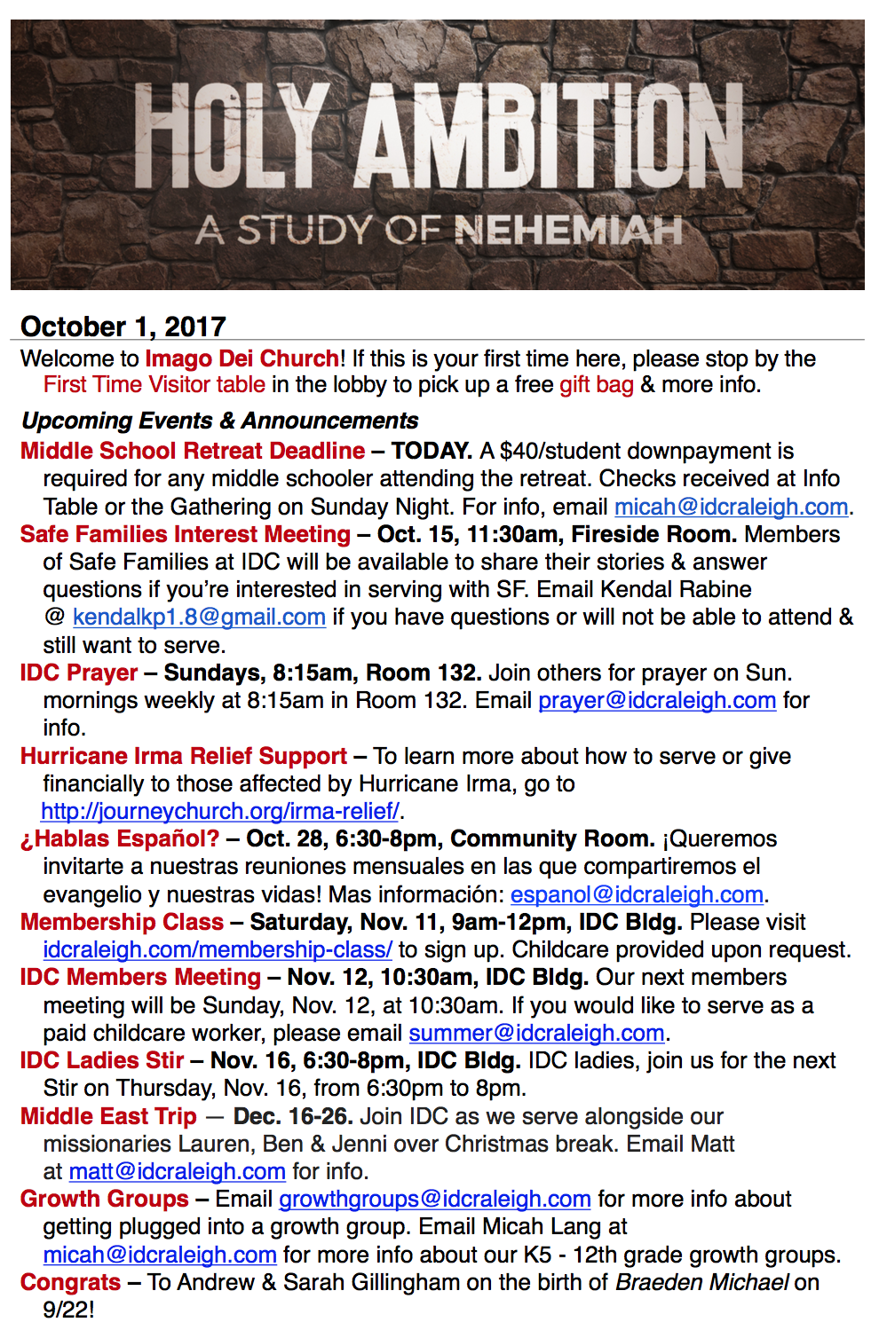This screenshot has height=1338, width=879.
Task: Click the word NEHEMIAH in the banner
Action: pyautogui.click(x=568, y=231)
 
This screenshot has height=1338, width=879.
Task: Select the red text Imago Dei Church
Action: pyautogui.click(x=242, y=358)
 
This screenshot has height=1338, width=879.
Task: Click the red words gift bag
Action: pyautogui.click(x=596, y=385)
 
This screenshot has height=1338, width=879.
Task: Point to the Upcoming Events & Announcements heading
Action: pyautogui.click(x=219, y=421)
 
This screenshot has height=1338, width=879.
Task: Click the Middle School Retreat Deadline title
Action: pyautogui.click(x=192, y=451)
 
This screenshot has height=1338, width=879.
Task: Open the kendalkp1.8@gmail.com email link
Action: pyautogui.click(x=199, y=618)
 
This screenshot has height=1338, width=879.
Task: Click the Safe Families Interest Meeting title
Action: pyautogui.click(x=185, y=534)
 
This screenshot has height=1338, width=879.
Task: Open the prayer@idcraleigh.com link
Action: pyautogui.click(x=657, y=701)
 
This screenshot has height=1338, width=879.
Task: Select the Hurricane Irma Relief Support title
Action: pyautogui.click(x=183, y=756)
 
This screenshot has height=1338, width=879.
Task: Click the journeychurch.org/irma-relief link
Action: pyautogui.click(x=220, y=812)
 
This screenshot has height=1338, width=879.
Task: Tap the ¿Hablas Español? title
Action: pyautogui.click(x=119, y=839)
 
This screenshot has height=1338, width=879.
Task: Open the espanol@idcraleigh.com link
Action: pyautogui.click(x=637, y=895)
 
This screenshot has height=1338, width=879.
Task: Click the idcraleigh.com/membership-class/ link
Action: pyautogui.click(x=217, y=950)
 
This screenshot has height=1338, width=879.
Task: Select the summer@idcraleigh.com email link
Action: pyautogui.click(x=536, y=1034)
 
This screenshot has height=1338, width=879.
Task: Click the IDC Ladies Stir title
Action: pyautogui.click(x=101, y=1061)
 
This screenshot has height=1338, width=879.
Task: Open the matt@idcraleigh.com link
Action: pyautogui.click(x=177, y=1172)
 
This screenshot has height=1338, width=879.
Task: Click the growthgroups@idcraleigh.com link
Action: pyautogui.click(x=434, y=1200)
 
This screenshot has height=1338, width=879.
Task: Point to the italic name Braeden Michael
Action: pyautogui.click(x=701, y=1283)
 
